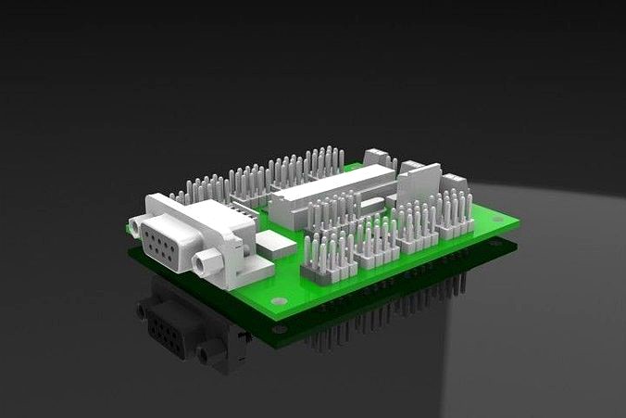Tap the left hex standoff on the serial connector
(x=137, y=225)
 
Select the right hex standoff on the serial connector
(x=204, y=265)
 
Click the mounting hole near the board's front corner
(x=276, y=302)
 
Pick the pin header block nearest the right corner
(x=455, y=216)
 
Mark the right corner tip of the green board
(x=518, y=222)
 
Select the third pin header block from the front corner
(x=417, y=229)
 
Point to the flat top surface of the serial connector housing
(x=194, y=215)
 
